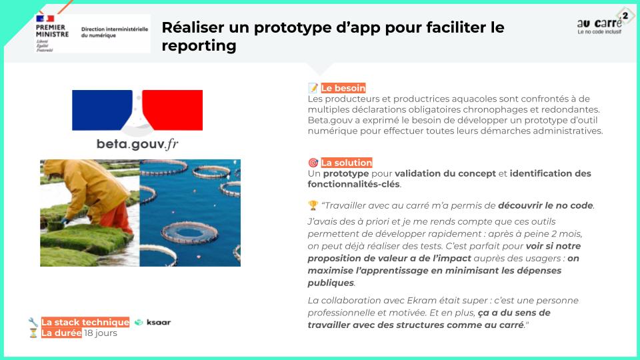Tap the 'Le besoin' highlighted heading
click(343, 88)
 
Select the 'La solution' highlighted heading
click(347, 163)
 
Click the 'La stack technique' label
click(85, 322)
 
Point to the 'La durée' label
click(61, 333)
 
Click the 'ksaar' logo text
click(159, 322)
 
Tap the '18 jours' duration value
click(101, 333)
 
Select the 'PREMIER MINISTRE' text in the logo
click(52, 31)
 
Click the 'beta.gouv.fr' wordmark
click(137, 144)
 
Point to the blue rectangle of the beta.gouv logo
click(102, 110)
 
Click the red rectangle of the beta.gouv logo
click(173, 110)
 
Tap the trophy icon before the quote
click(313, 205)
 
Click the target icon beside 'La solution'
click(313, 163)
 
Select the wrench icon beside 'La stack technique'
click(33, 322)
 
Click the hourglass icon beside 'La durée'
click(33, 333)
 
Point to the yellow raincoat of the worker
click(88, 186)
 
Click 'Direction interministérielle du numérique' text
click(114, 32)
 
